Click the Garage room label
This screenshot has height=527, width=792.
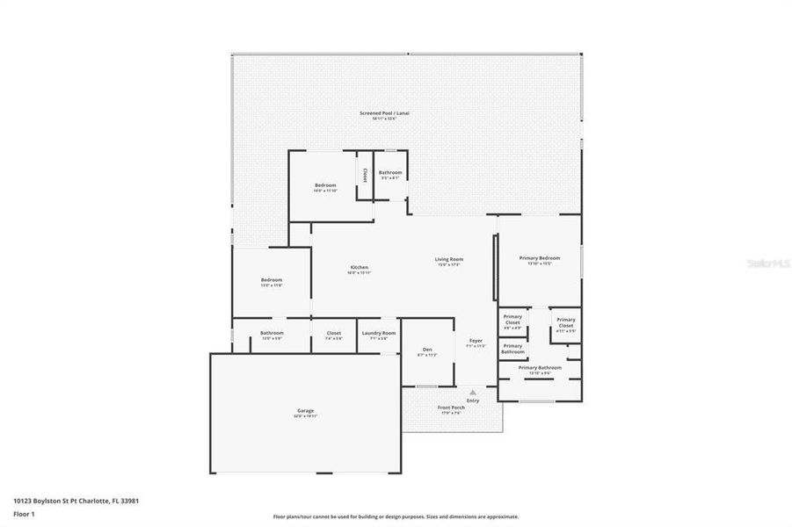(305, 410)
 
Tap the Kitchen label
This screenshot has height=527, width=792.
(359, 267)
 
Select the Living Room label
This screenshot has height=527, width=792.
(448, 259)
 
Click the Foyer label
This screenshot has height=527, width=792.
(475, 340)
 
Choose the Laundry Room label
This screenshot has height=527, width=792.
(379, 333)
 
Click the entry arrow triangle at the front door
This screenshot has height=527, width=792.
(473, 392)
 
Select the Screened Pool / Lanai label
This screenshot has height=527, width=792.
(384, 113)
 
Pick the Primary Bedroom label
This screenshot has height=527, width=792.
(539, 258)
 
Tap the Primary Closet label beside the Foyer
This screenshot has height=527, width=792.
(512, 320)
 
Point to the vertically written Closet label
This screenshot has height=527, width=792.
(365, 176)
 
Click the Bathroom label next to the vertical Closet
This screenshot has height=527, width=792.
(390, 173)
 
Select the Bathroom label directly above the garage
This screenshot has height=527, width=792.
(272, 333)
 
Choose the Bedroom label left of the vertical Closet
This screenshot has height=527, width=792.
(325, 185)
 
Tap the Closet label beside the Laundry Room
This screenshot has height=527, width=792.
(334, 333)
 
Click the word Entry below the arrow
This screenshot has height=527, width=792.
(473, 401)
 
